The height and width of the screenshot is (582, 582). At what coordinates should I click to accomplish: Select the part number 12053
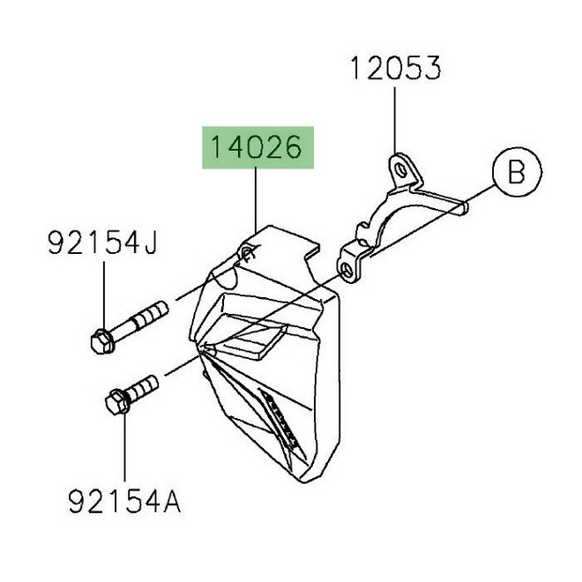[x=395, y=68]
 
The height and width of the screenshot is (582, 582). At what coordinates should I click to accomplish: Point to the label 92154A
[x=123, y=501]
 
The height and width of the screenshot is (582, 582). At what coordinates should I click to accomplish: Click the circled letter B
[x=517, y=174]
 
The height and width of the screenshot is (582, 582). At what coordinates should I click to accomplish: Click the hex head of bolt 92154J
[x=102, y=340]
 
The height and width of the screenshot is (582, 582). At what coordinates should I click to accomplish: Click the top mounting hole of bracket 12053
[x=401, y=168]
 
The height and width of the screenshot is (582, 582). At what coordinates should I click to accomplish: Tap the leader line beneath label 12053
[x=395, y=119]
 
